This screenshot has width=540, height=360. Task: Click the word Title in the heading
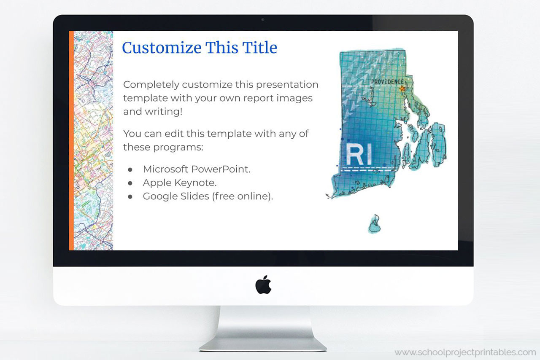[260, 48]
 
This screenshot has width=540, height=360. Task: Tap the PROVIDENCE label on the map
[387, 82]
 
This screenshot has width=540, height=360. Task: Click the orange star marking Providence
[402, 89]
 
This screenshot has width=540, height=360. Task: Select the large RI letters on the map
[359, 155]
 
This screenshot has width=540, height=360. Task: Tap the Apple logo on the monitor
[263, 285]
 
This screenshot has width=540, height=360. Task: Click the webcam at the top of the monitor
[263, 19]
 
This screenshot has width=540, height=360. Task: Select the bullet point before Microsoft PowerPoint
[130, 169]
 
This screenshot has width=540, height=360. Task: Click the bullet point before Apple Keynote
[130, 183]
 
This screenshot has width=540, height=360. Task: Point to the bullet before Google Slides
[130, 196]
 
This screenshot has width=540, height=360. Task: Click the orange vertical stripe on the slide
[71, 140]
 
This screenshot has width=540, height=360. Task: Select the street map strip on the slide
[93, 140]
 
